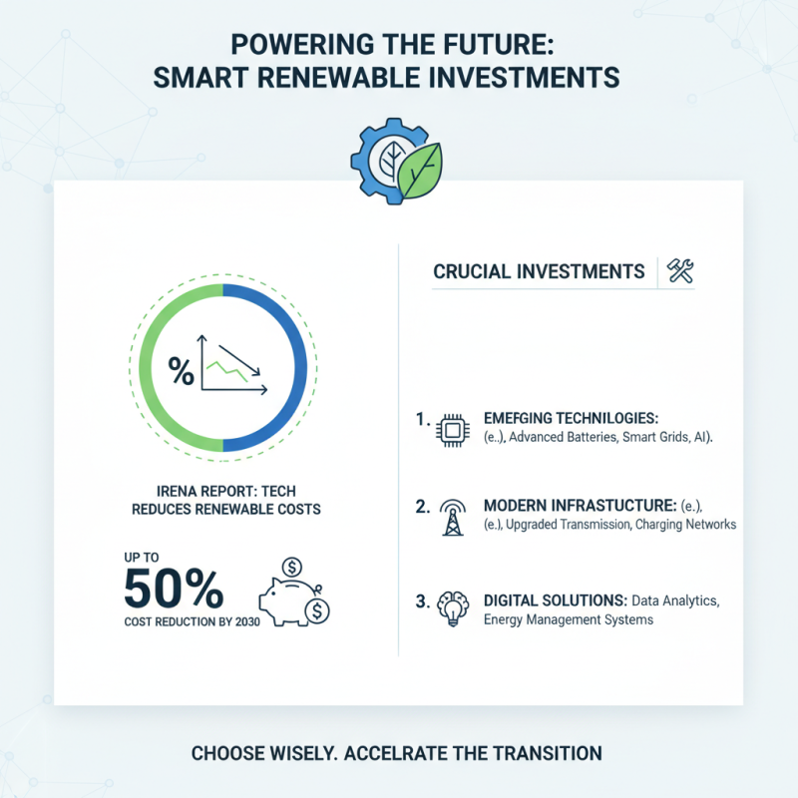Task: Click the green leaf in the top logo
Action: click(x=420, y=170)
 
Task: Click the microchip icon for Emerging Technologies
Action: click(x=452, y=430)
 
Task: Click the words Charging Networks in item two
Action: click(x=685, y=524)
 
